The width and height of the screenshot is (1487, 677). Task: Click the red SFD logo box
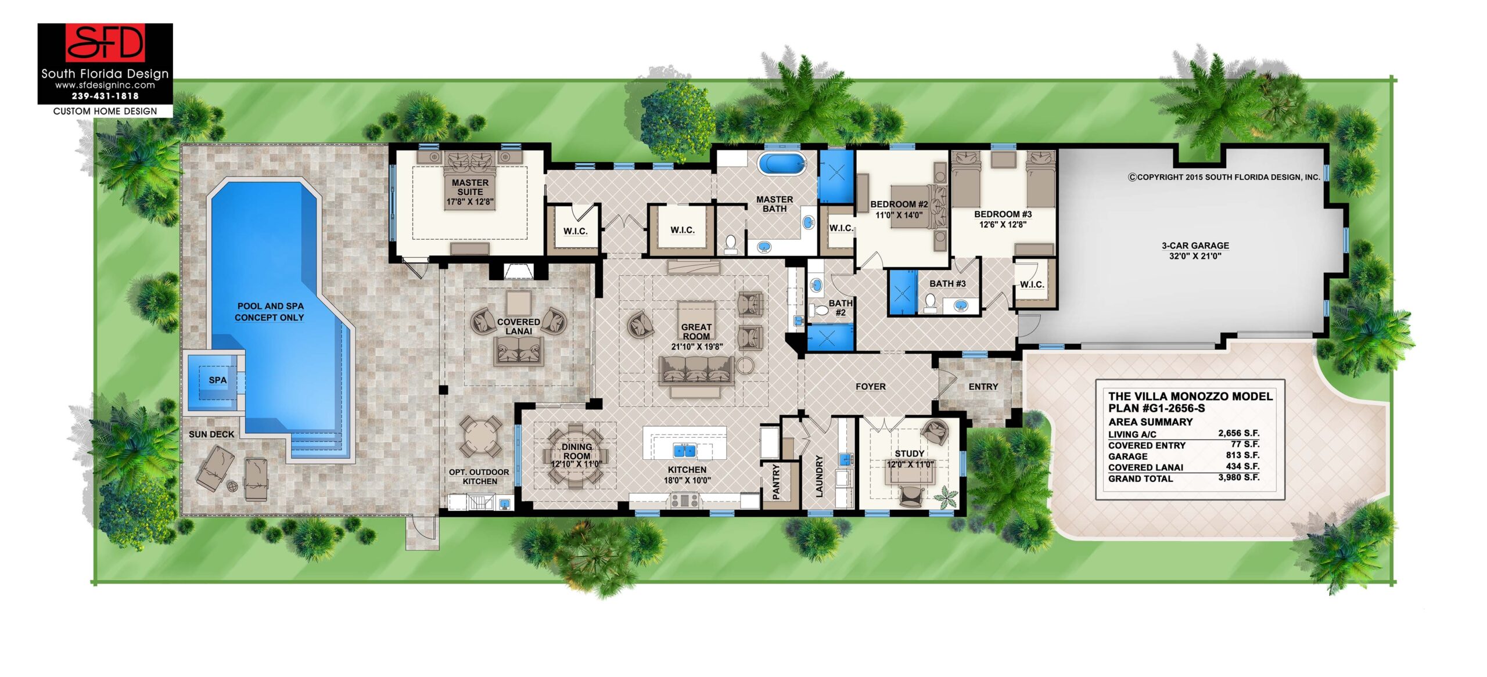coord(105,43)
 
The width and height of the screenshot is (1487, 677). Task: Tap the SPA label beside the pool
coord(218,380)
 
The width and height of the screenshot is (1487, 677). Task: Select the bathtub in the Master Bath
coord(781,164)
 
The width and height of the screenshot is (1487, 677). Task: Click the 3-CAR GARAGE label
coord(1195,246)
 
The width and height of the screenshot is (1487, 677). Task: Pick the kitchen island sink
coord(684,450)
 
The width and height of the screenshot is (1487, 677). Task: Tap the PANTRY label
coord(776,482)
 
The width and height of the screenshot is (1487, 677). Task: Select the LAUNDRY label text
coord(819,476)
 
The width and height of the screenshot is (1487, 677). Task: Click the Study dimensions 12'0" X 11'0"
coord(910,464)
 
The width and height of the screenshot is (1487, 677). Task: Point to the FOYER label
coord(870,387)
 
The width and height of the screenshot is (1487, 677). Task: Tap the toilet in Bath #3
coord(931,302)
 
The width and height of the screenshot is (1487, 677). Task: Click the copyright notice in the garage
coord(1224,177)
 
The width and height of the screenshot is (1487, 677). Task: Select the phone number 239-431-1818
coord(105,96)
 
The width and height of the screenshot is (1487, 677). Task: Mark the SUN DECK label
coord(211,434)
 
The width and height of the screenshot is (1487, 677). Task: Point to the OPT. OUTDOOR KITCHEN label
coord(479,477)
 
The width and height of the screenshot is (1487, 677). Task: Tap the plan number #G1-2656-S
coord(1168,409)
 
